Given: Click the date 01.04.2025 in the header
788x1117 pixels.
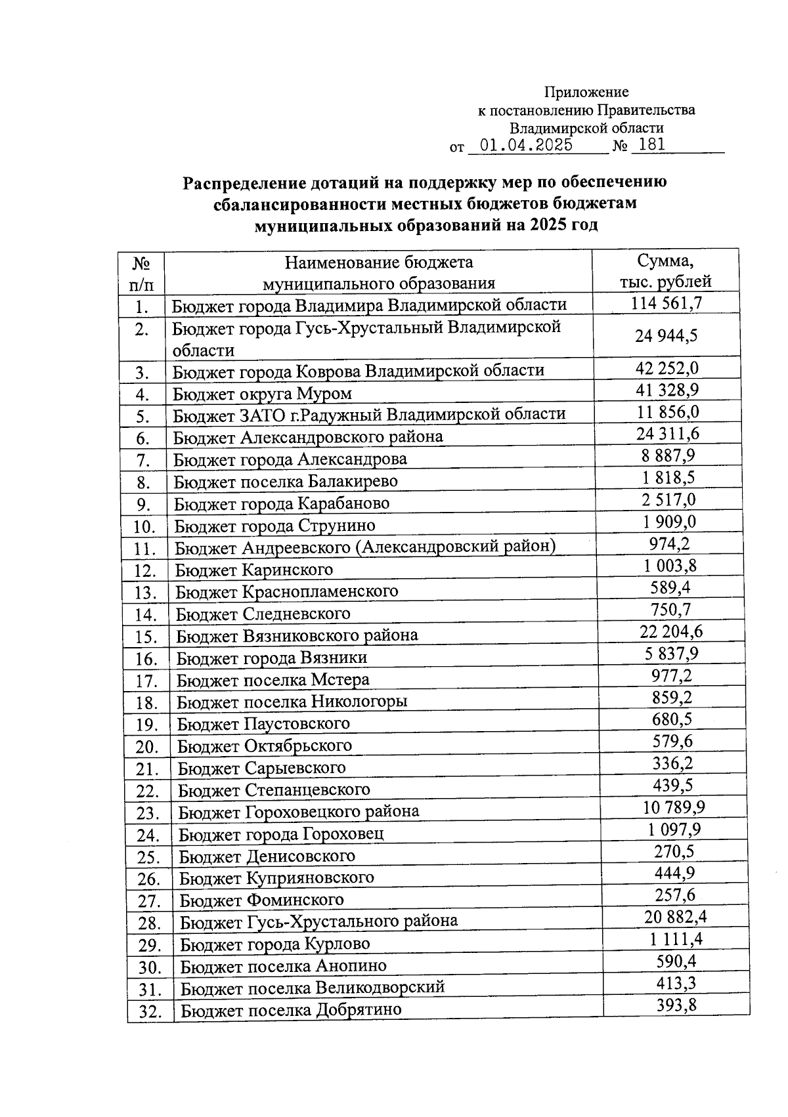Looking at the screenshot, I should pyautogui.click(x=526, y=145).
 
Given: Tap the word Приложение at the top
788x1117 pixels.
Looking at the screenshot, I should pyautogui.click(x=586, y=93).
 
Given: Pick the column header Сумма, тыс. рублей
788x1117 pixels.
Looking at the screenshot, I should pyautogui.click(x=665, y=272).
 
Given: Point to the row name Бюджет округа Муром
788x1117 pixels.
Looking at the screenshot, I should pyautogui.click(x=262, y=394).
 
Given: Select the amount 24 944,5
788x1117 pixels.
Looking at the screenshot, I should pyautogui.click(x=666, y=336).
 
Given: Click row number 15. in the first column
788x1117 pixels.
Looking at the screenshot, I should pyautogui.click(x=146, y=637).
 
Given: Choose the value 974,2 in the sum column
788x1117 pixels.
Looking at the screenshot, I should pyautogui.click(x=669, y=543).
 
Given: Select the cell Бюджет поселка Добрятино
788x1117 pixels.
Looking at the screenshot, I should pyautogui.click(x=290, y=1009).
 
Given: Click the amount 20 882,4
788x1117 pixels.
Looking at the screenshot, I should pyautogui.click(x=674, y=917).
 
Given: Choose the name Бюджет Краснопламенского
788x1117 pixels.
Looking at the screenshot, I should pyautogui.click(x=286, y=591).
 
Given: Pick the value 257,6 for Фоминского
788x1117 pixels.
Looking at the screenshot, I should pyautogui.click(x=674, y=895).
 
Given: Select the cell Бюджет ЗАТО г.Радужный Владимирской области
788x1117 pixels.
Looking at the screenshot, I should pyautogui.click(x=369, y=415).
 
